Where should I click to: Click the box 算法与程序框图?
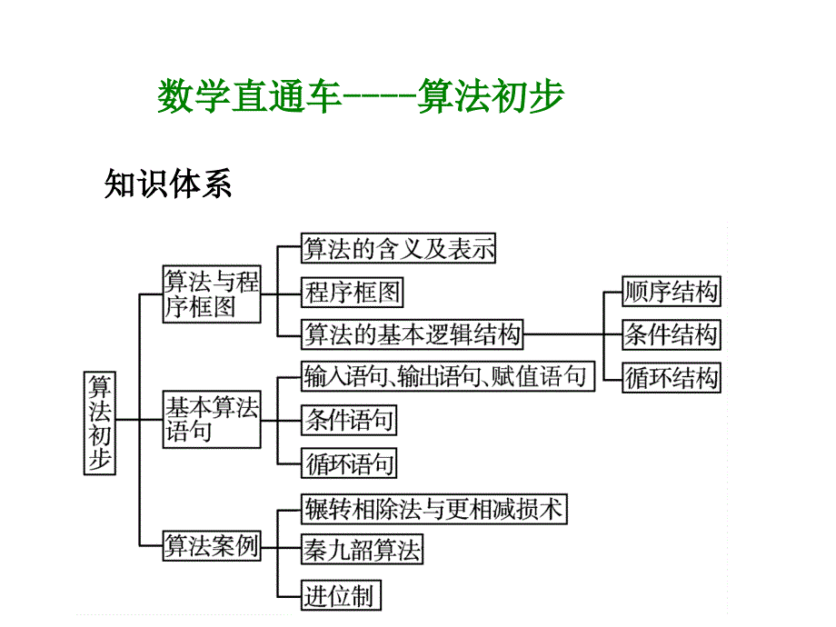[x=211, y=294]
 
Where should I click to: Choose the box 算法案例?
[x=211, y=546]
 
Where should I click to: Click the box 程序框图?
[x=352, y=293]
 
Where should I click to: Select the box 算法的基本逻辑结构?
[x=413, y=334]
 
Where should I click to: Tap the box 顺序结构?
[x=671, y=292]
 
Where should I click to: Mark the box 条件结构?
[x=671, y=334]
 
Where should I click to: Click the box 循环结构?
[x=671, y=378]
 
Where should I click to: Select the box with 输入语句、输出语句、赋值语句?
[x=447, y=376]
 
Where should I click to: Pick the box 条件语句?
[x=350, y=420]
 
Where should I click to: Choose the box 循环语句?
[x=350, y=465]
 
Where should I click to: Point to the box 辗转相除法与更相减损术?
[x=433, y=509]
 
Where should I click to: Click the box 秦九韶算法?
[x=362, y=551]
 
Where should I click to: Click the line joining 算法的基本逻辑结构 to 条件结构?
[x=572, y=334]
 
